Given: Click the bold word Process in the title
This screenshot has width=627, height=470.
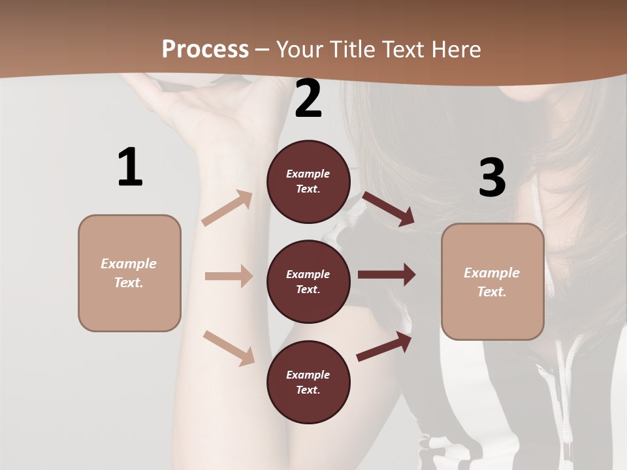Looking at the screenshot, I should pyautogui.click(x=205, y=49).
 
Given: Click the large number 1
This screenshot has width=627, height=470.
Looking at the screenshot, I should pyautogui.click(x=130, y=168).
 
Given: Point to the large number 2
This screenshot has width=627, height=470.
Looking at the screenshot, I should pyautogui.click(x=308, y=99).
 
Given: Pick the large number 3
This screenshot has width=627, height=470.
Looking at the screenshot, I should pyautogui.click(x=492, y=178).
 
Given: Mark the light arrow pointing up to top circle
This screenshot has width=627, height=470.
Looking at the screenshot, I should pyautogui.click(x=227, y=208).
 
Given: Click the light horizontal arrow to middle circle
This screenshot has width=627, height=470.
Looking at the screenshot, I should pyautogui.click(x=229, y=276).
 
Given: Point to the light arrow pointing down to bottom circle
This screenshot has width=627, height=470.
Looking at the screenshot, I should pyautogui.click(x=229, y=348).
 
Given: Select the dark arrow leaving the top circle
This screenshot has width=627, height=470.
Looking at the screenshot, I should pyautogui.click(x=388, y=208).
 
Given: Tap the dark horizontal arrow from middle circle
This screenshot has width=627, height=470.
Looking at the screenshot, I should pyautogui.click(x=386, y=275).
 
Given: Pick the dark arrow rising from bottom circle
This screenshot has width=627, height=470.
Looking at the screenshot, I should pyautogui.click(x=384, y=347).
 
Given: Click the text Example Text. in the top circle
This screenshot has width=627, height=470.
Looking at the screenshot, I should pyautogui.click(x=308, y=181).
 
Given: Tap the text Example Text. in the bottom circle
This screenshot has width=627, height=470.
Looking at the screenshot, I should pyautogui.click(x=308, y=383).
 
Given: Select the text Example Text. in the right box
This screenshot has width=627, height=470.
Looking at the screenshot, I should pyautogui.click(x=492, y=282).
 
